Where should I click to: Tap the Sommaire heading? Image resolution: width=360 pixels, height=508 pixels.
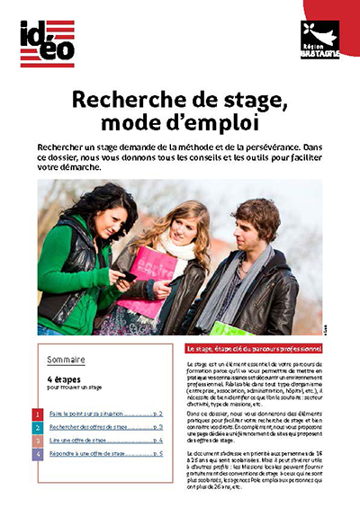pos(66,360)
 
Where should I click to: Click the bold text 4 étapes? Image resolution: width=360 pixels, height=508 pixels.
pos(65,379)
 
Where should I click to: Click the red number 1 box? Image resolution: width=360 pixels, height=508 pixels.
pos(37,414)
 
